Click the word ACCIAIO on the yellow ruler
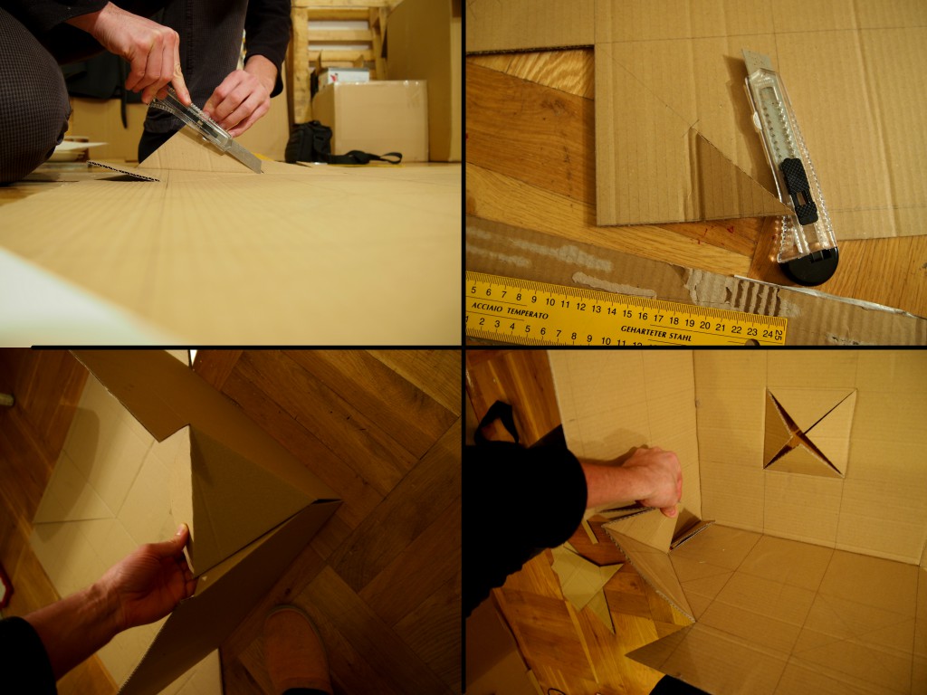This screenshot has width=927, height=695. [487, 306]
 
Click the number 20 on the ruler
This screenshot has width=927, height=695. [704, 325]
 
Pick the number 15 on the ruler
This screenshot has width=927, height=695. [627, 314]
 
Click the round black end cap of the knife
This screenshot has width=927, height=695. [809, 267]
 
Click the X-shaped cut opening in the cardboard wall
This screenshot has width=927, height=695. [808, 433]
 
